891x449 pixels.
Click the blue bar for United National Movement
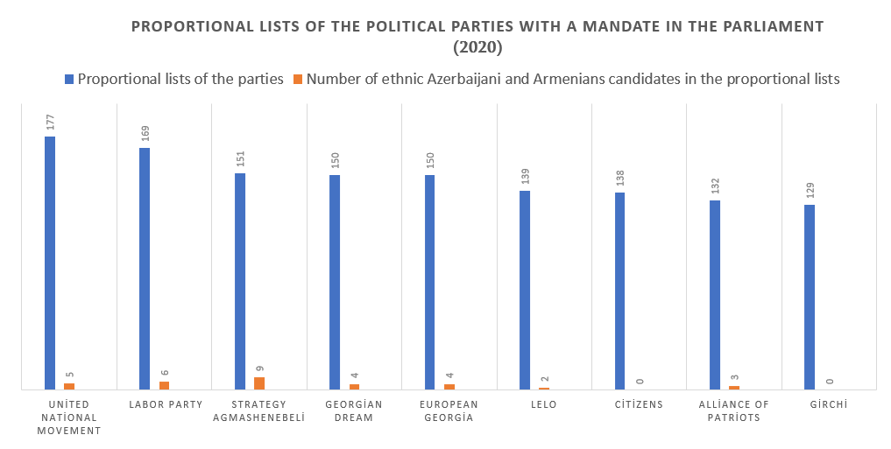coord(50,263)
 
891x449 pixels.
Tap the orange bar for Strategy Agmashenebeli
coord(259,383)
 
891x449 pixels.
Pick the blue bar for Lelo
coord(525,290)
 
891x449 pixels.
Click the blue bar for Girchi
coord(810,297)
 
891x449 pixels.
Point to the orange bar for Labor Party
coord(164,385)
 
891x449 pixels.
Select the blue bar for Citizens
coord(619,291)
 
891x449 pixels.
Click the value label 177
coord(50,121)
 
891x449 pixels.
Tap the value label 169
coord(145,132)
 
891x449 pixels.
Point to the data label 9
coord(259,368)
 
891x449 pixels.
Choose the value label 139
coord(525,175)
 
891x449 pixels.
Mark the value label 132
coord(715,185)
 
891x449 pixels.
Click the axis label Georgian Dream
coord(354,410)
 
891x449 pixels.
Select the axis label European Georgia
coord(449,410)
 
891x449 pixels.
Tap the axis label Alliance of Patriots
coord(733,410)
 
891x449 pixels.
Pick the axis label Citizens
coord(639,404)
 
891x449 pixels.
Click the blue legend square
coord(69,79)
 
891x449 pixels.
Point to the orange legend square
coord(298,79)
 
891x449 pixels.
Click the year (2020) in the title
coord(477,46)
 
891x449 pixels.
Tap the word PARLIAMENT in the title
coord(769,26)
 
